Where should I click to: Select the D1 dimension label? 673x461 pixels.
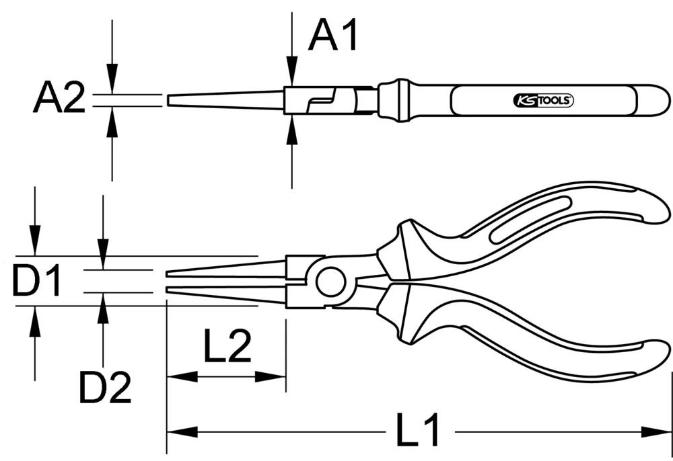pyautogui.click(x=37, y=282)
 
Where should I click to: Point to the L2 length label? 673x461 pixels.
pyautogui.click(x=227, y=347)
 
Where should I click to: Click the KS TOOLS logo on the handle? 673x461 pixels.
pyautogui.click(x=543, y=101)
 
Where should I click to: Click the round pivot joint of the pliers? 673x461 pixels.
pyautogui.click(x=330, y=281)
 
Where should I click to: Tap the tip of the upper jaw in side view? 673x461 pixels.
pyautogui.click(x=168, y=274)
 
